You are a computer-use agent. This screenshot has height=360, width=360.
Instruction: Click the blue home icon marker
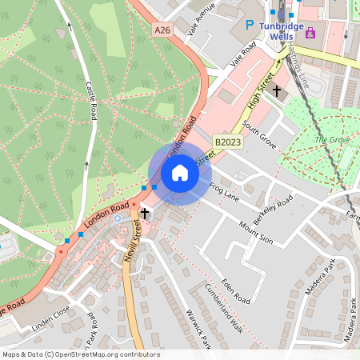pos(179,173)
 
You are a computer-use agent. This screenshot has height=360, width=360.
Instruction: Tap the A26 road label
pos(162,30)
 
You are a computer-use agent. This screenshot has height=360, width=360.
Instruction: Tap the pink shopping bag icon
pos(310,34)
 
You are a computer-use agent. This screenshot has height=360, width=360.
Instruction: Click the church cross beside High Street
pos(277,90)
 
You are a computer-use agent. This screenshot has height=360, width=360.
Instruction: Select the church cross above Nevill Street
pos(145,214)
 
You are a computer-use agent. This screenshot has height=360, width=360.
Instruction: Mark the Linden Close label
pos(52,318)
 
